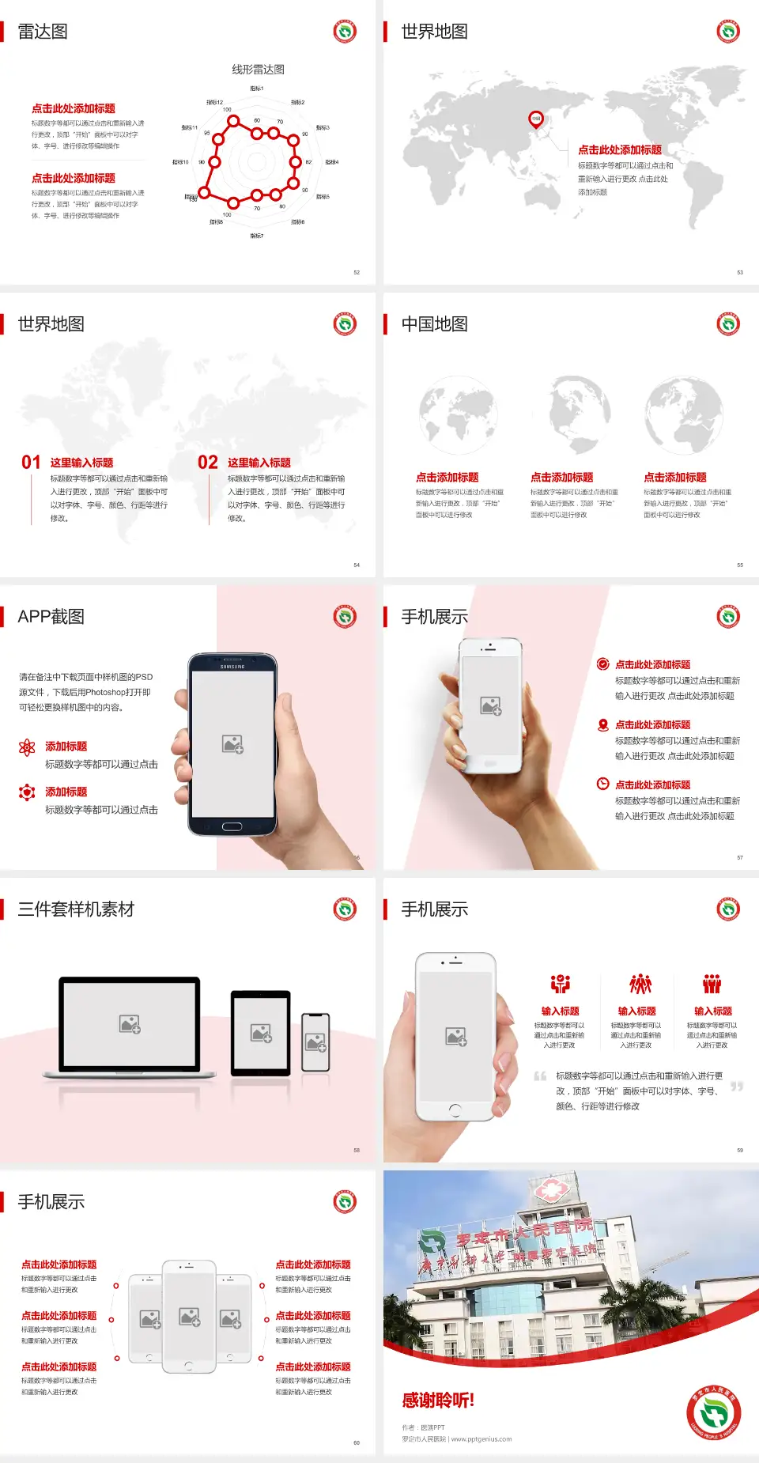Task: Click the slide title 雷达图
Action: [x=43, y=32]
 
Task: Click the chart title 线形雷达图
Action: [x=258, y=70]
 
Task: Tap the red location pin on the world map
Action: [x=536, y=119]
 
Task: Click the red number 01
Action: [x=31, y=463]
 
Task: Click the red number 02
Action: [x=208, y=463]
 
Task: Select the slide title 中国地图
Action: [x=434, y=324]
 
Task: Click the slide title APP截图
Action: [x=51, y=617]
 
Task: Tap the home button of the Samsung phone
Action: [x=232, y=826]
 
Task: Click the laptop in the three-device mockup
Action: [x=130, y=1026]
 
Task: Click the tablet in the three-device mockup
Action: [x=261, y=1033]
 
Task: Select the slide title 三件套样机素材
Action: [x=76, y=909]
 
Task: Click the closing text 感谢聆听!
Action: [x=438, y=1401]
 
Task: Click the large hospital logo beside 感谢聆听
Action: [x=713, y=1412]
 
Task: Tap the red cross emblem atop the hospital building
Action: [x=550, y=1189]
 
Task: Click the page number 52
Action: [x=357, y=272]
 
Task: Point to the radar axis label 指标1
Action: [x=257, y=89]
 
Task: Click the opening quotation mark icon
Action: [x=540, y=1076]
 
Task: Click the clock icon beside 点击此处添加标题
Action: [x=602, y=784]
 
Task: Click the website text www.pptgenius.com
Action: [x=481, y=1439]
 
